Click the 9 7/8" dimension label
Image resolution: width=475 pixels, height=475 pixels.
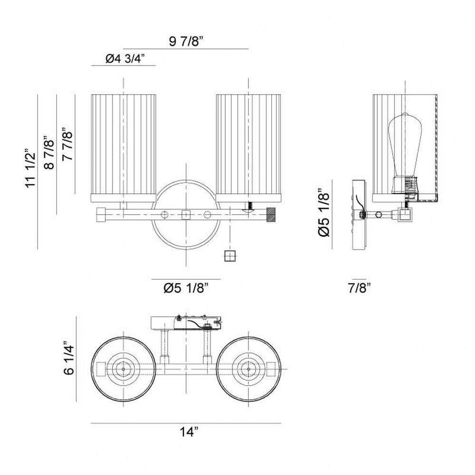coord(185,41)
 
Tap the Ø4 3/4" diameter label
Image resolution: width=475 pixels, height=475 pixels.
coord(125,58)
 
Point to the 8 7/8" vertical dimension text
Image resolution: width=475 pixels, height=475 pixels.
coord(49,152)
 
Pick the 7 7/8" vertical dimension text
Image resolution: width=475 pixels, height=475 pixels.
coord(67,144)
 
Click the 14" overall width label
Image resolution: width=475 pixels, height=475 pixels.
coord(189,431)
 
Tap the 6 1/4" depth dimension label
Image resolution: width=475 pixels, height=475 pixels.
coord(69,358)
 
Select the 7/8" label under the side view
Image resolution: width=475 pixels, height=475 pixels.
coord(360,288)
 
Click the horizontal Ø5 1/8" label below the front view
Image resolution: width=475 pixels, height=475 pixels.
coord(186,288)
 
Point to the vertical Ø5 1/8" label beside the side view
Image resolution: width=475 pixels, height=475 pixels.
coord(323,213)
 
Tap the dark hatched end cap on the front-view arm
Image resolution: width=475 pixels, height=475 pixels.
coord(271,215)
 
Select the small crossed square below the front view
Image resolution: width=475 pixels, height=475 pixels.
coord(230,256)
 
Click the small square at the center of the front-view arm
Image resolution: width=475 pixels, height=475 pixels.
coord(186,215)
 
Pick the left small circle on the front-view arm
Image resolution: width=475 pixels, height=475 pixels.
coord(164,215)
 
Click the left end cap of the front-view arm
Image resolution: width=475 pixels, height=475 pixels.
coord(101,215)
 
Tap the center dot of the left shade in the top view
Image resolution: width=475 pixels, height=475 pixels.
coord(123,369)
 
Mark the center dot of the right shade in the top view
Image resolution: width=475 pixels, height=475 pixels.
coord(249,369)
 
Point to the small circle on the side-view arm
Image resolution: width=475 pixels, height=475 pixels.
coord(379,215)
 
